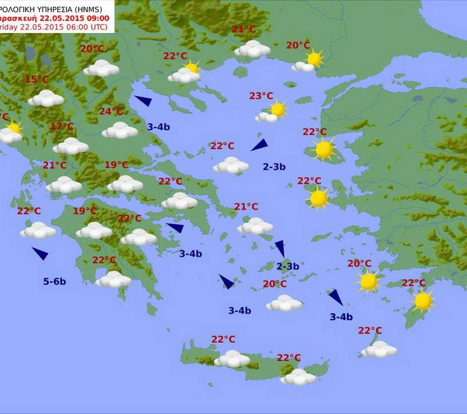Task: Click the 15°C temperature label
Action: (36, 79)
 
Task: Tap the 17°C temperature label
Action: (62, 126)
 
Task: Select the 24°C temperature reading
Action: (111, 111)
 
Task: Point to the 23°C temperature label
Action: (261, 96)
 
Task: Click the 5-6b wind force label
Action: (54, 281)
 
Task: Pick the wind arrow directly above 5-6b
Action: (40, 253)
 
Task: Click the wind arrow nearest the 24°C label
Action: (143, 101)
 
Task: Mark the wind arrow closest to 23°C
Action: (259, 145)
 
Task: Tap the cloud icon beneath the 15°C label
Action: (46, 99)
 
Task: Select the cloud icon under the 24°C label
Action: (120, 130)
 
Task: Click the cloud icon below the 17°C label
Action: (71, 146)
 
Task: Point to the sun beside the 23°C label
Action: (278, 109)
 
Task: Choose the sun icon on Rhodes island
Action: (423, 301)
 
